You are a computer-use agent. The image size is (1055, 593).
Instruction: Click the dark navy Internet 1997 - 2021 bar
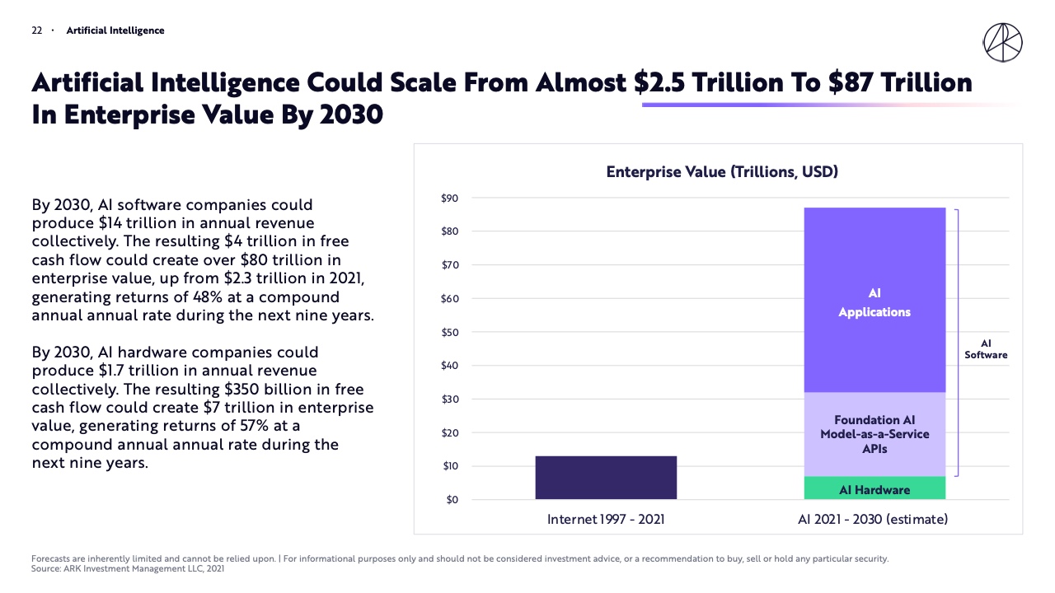[606, 478]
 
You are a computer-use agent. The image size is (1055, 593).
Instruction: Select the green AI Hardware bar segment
[874, 488]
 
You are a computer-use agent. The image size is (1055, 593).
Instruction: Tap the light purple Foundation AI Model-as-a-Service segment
[874, 435]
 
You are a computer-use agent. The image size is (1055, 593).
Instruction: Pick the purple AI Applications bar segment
[874, 301]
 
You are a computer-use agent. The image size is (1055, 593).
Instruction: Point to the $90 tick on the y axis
[449, 198]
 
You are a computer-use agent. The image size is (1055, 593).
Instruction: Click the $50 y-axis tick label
[449, 333]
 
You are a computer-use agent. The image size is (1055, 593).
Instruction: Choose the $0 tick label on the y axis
[452, 500]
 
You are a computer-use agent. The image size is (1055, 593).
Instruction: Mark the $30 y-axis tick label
[449, 399]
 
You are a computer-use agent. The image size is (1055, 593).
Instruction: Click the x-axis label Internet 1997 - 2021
[606, 520]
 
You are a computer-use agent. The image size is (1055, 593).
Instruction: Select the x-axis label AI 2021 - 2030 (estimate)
[873, 520]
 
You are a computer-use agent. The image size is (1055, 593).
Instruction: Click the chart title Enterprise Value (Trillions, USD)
[722, 172]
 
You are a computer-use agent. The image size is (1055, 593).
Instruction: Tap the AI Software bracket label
[986, 349]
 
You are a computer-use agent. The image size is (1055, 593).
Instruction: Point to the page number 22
[37, 30]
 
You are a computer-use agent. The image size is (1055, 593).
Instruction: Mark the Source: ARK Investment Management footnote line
[128, 568]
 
